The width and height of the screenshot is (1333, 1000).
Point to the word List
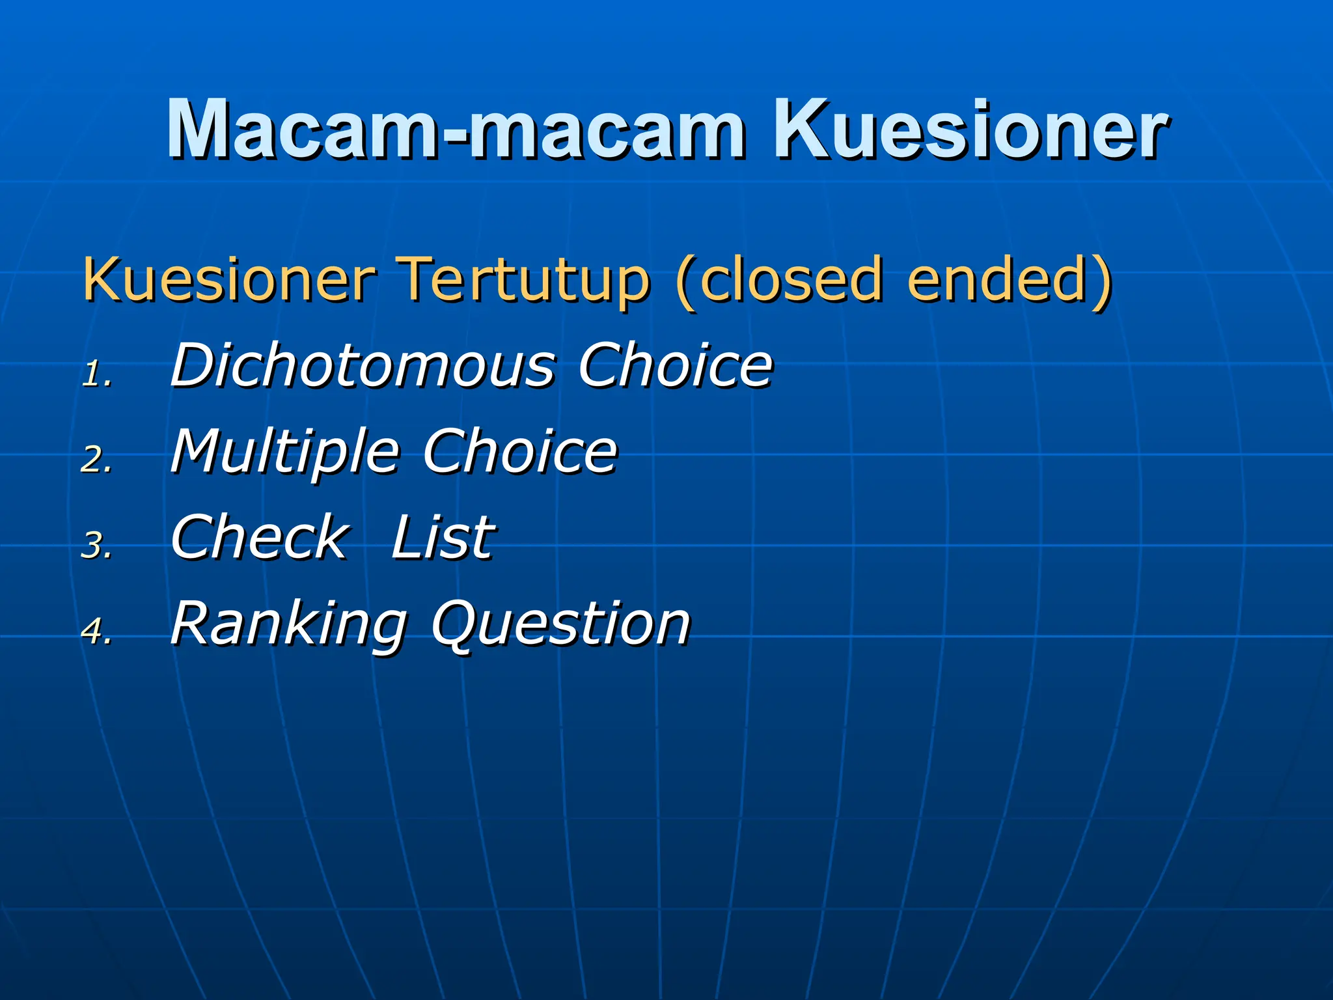pyautogui.click(x=443, y=537)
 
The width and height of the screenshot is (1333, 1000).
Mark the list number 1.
pyautogui.click(x=96, y=375)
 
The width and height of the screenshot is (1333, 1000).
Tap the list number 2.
pyautogui.click(x=96, y=460)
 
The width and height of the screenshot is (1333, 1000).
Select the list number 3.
pyautogui.click(x=96, y=546)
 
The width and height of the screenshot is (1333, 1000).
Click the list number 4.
pyautogui.click(x=96, y=632)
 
